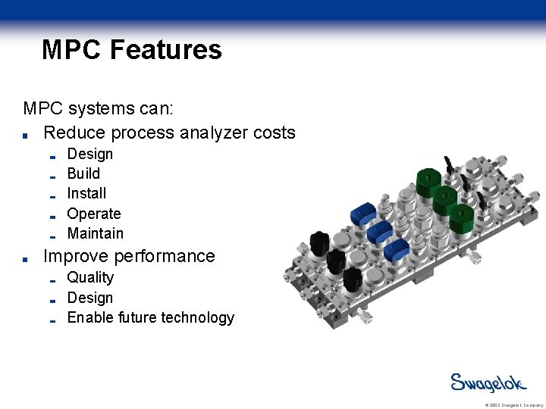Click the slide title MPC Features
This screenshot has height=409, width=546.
click(x=132, y=50)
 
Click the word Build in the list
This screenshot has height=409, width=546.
click(x=83, y=173)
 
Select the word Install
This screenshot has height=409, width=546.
click(x=86, y=193)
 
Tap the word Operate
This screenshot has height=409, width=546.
click(x=94, y=214)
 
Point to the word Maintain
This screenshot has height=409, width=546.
click(x=95, y=233)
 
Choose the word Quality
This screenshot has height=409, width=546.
click(x=90, y=277)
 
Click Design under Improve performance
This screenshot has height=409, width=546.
click(x=89, y=298)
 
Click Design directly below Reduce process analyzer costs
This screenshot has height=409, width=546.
click(x=89, y=154)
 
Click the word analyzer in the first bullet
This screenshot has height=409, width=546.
click(x=211, y=133)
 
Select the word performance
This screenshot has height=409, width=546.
click(x=165, y=256)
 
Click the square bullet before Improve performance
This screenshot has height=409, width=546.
click(x=27, y=258)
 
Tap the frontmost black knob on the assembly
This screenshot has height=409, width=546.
click(x=353, y=279)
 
